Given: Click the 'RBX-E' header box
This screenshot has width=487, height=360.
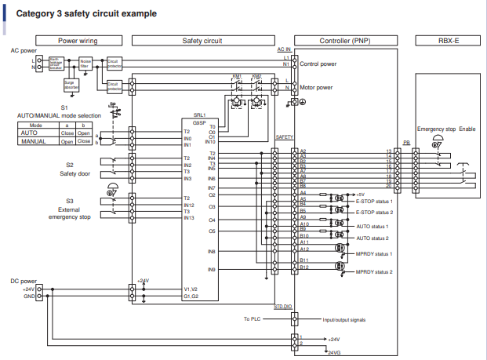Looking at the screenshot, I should click(x=447, y=40).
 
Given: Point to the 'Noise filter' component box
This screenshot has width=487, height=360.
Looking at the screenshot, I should click(x=86, y=62).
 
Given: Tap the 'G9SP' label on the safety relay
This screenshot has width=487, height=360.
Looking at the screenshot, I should click(x=199, y=122).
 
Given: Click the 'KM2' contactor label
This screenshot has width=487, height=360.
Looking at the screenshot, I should click(x=256, y=77).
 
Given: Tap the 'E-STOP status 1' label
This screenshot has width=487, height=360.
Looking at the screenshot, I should click(x=374, y=202).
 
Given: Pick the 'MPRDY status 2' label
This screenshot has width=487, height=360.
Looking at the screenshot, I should click(x=374, y=271).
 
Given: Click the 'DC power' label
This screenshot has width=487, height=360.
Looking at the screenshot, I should click(x=24, y=280).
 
